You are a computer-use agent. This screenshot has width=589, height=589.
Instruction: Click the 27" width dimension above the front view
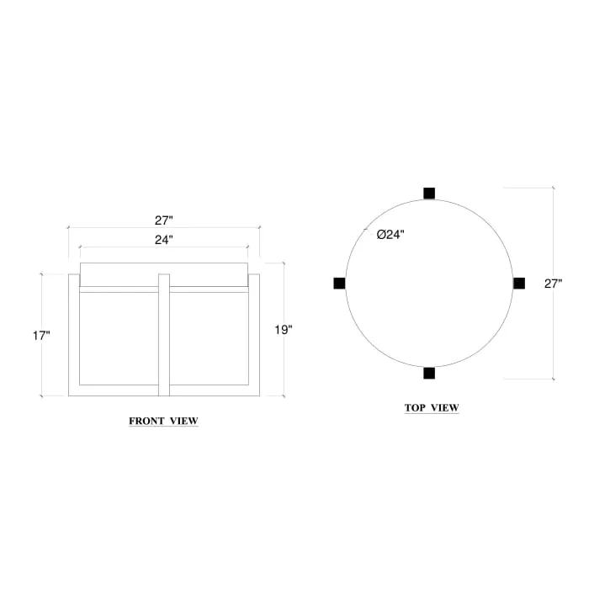coord(163,220)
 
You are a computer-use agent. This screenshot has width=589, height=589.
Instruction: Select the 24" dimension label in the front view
coord(163,240)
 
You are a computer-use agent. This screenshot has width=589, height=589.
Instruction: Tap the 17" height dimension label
coord(41,336)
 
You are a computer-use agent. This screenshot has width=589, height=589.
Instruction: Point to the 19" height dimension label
coord(284,330)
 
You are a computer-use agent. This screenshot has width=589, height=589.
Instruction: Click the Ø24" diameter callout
coord(390,235)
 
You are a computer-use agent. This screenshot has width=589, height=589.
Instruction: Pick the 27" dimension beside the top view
coord(553,284)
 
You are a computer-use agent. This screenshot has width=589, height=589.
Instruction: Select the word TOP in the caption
coord(415,408)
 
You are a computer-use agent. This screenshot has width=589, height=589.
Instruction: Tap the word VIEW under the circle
coord(445,408)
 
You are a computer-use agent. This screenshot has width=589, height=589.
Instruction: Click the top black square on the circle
coord(429,193)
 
